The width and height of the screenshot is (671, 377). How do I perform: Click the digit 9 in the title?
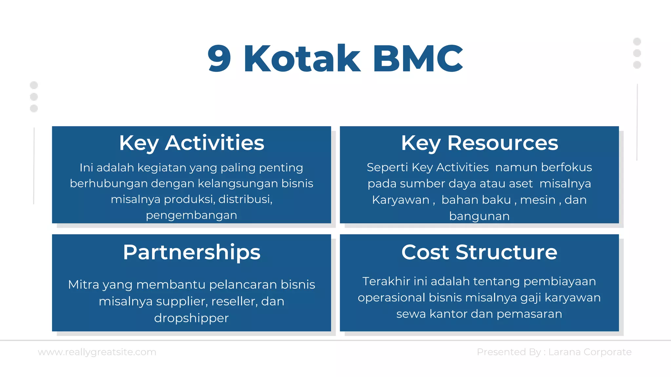[x=220, y=59]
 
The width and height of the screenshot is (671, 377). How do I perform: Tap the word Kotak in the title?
[x=302, y=59]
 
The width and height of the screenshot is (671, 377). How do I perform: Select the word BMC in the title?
[x=418, y=59]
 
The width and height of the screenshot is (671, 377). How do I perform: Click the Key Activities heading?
[x=191, y=143]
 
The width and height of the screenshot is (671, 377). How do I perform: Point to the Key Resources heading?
[x=479, y=143]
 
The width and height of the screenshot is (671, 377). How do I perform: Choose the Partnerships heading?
[x=191, y=252]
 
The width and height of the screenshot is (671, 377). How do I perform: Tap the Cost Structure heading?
[x=479, y=252]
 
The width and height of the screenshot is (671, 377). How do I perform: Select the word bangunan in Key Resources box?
[x=479, y=216]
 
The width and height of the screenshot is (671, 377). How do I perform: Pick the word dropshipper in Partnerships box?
[x=191, y=318]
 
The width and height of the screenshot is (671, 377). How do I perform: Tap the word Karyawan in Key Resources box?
[x=400, y=200]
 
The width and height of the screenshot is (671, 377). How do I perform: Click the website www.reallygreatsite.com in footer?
[x=97, y=352]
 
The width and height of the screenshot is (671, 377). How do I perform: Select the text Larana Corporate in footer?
[x=590, y=352]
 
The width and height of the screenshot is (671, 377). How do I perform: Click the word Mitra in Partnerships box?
[x=84, y=285]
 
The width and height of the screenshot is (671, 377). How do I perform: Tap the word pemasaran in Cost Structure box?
[x=529, y=314]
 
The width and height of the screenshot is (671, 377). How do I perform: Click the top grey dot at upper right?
[x=637, y=42]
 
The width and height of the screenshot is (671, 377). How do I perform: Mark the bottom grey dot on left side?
[x=34, y=108]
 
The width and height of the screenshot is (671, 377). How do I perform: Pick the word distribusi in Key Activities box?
[x=244, y=199]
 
